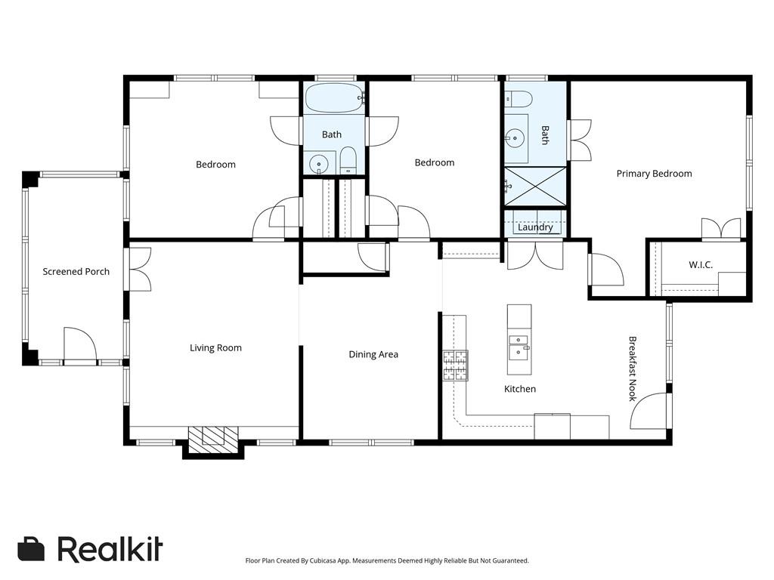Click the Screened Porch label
tap(76, 272)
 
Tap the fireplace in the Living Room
tap(213, 439)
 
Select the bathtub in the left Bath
tap(333, 98)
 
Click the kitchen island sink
tap(519, 347)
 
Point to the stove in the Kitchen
tap(455, 366)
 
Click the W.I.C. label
tap(700, 265)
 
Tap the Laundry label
tap(535, 227)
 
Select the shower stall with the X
tap(535, 186)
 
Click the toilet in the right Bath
tap(519, 99)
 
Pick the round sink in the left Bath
tap(320, 163)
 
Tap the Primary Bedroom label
tap(654, 174)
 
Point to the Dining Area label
tap(373, 355)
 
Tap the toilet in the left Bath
tap(348, 160)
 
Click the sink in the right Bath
tap(515, 138)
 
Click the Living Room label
tap(215, 348)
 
